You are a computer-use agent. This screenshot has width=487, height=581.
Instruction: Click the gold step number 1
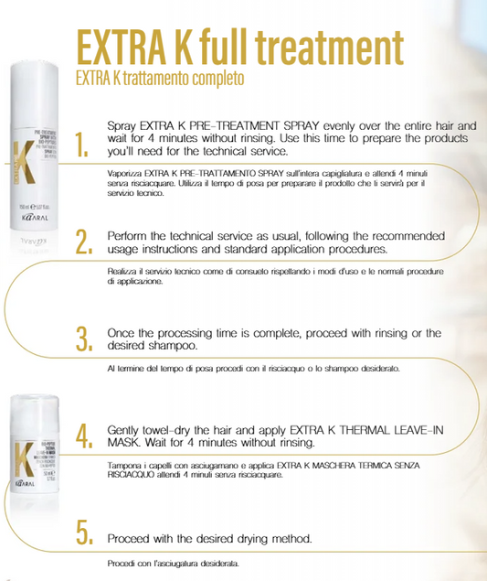tap(82, 144)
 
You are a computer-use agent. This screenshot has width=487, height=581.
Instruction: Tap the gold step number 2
tap(82, 241)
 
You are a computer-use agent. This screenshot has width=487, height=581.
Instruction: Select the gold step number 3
tap(83, 338)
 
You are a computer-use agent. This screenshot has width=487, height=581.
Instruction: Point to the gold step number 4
tap(83, 435)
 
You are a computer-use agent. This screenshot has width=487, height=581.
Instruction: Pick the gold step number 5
tap(83, 533)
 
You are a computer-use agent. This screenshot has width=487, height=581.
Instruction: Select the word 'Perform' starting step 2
tap(130, 234)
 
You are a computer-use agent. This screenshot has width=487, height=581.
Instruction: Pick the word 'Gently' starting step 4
tap(127, 428)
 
